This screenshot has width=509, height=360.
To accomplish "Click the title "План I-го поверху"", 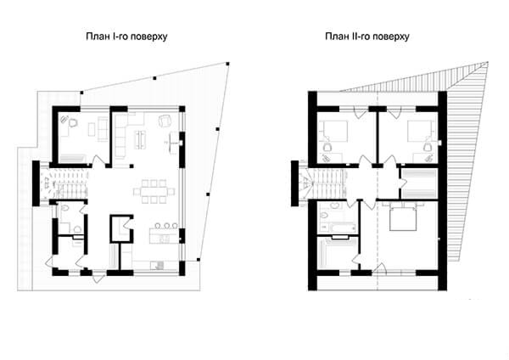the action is click(x=126, y=36).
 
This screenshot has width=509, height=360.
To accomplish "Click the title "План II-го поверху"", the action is click(x=367, y=36).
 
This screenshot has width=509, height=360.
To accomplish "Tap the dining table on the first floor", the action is click(x=154, y=191).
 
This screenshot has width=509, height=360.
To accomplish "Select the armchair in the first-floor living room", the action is click(x=165, y=121).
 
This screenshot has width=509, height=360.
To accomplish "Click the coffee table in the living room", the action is click(x=140, y=139).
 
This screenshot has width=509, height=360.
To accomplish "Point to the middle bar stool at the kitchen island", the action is click(x=166, y=225).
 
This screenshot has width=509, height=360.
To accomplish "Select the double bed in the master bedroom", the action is click(x=403, y=217).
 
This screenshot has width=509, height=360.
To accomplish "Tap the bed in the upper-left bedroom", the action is click(x=333, y=132).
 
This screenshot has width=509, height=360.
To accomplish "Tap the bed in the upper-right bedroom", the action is click(x=421, y=132).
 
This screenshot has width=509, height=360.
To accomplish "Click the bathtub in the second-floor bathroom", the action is click(x=338, y=227).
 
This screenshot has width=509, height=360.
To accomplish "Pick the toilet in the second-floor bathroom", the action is click(x=324, y=215).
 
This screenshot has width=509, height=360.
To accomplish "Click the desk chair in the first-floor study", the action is click(x=73, y=123).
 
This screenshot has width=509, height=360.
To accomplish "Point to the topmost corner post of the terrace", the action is click(x=227, y=64).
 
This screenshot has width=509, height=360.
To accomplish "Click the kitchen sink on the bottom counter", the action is click(x=159, y=265).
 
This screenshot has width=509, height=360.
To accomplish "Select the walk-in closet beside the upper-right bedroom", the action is click(x=419, y=183).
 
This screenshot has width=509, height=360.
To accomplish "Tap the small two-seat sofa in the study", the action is click(x=103, y=129).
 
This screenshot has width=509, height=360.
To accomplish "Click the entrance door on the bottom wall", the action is click(x=99, y=278).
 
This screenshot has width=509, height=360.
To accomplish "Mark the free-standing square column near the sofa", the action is click(x=131, y=166).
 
